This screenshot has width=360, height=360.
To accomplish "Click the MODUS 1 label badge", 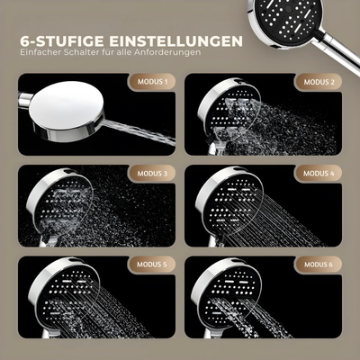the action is click(152, 81).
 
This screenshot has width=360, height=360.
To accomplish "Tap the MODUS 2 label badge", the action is click(319, 82).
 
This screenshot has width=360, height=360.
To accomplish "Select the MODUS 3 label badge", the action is click(152, 174).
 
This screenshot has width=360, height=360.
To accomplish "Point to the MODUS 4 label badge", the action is click(319, 174).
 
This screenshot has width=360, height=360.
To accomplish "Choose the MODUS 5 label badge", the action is click(152, 265).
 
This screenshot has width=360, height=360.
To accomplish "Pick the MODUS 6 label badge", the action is click(319, 265).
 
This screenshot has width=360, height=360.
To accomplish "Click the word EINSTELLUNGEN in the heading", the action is click(175, 41).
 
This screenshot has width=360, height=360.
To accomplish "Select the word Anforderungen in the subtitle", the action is click(167, 52).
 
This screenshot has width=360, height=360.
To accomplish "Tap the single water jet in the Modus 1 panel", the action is click(139, 132).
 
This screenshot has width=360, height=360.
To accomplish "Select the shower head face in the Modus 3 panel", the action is click(64, 203).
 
